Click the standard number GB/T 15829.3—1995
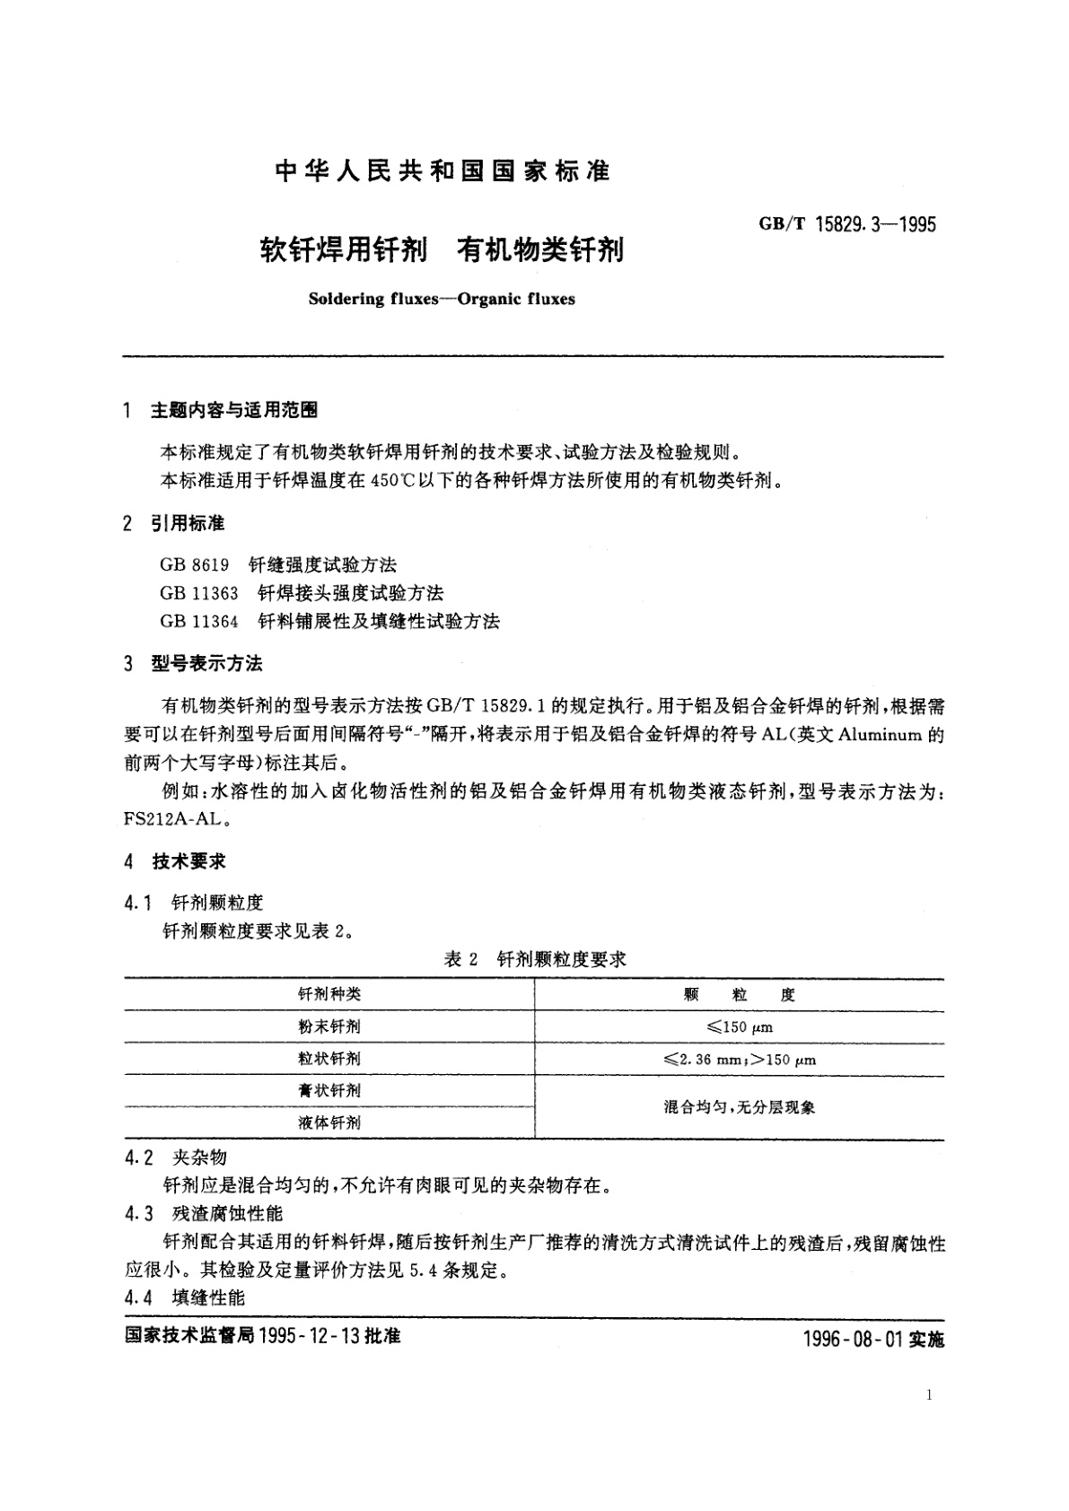(847, 224)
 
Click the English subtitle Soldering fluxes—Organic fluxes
(441, 299)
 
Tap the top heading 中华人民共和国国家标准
(442, 170)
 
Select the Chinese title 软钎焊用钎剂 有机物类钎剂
(442, 249)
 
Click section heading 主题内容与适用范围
(233, 410)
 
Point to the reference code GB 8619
(195, 564)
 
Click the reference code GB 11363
(199, 592)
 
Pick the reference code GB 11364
(199, 620)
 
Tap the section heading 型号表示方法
(206, 663)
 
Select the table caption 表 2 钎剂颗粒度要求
(535, 958)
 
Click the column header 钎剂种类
(329, 994)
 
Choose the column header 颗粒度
(739, 994)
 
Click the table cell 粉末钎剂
(329, 1026)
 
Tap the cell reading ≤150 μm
(739, 1026)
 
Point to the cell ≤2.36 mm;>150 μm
(739, 1059)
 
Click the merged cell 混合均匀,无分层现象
(739, 1106)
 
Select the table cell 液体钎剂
(329, 1122)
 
